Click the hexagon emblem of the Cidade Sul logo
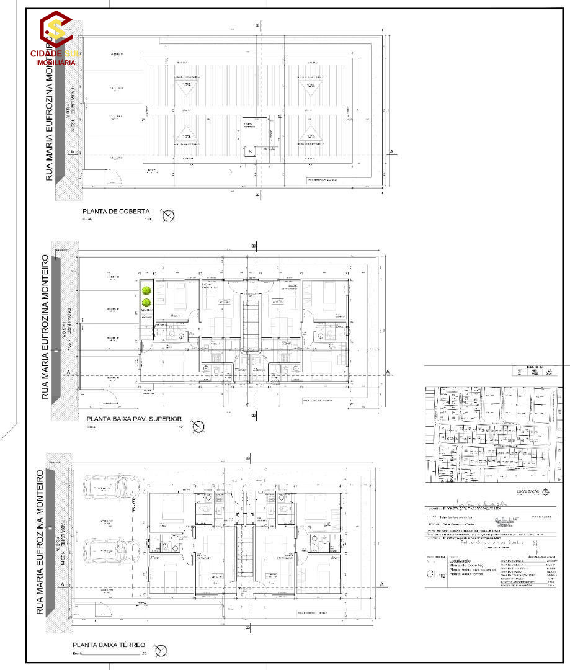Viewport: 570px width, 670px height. coord(56,28)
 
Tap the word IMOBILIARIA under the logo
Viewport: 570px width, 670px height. coord(56,63)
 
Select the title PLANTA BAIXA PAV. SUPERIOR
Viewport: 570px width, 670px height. coord(135,419)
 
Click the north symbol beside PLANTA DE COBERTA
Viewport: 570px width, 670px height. coord(168,216)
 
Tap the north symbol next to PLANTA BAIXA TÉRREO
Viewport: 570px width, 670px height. coord(162,650)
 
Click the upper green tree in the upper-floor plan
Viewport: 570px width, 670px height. coord(147,290)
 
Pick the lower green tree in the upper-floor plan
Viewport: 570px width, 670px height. coord(147,303)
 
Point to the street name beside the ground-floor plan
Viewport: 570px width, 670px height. coord(41,543)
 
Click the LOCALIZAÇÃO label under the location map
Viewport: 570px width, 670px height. coord(522,492)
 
